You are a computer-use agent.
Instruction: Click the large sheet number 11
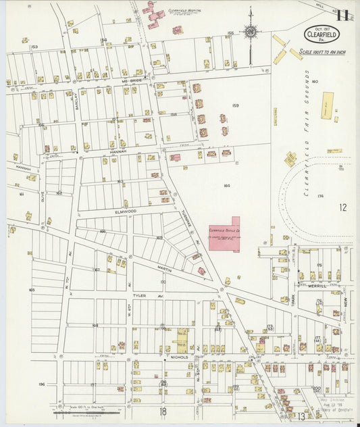[x=344, y=15]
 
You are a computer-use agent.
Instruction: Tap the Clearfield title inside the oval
[x=321, y=33]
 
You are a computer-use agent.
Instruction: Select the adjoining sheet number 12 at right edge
[x=343, y=207]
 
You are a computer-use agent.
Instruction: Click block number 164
[x=226, y=185]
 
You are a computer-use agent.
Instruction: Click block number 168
[x=95, y=325]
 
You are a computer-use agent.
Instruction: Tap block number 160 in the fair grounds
[x=314, y=81]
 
